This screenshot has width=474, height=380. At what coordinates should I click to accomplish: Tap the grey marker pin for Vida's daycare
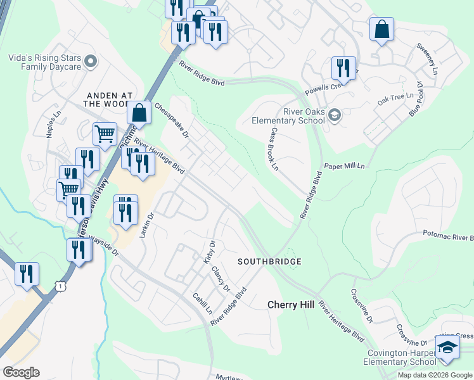[x=90, y=61]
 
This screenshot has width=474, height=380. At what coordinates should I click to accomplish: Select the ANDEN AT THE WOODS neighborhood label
[x=107, y=98]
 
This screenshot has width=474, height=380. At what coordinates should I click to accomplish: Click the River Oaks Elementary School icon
[x=335, y=115]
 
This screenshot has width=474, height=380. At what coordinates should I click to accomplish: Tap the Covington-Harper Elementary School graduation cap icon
[x=447, y=348]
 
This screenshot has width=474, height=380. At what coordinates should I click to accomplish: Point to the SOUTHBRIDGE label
[x=269, y=262]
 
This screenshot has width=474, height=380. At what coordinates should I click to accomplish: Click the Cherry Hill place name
[x=290, y=305]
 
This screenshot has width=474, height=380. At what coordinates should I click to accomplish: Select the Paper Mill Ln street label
[x=345, y=166]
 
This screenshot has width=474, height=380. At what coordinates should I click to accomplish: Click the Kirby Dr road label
[x=210, y=251]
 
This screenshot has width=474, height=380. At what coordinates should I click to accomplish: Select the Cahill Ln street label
[x=203, y=303]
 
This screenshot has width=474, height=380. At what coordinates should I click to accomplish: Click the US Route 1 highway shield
[x=60, y=287]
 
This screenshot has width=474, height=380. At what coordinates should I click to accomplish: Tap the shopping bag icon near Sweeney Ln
[x=382, y=29]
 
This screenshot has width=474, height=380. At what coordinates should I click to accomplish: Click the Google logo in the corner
[x=21, y=372]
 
